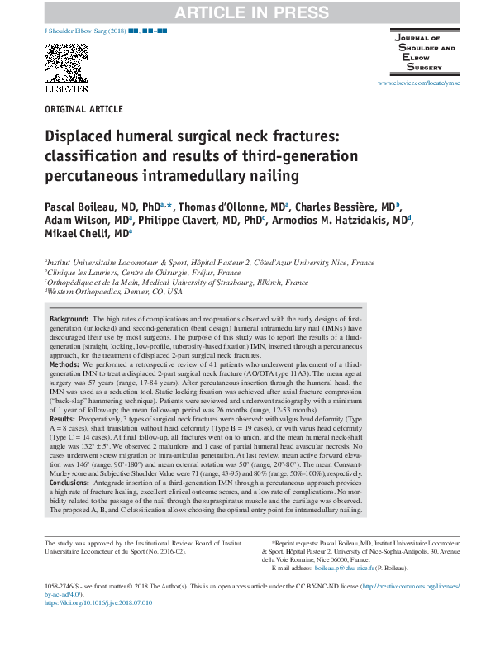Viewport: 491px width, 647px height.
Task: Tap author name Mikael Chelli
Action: (79, 235)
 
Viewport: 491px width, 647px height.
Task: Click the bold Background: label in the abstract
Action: (70, 319)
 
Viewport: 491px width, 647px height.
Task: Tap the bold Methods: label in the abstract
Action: (65, 364)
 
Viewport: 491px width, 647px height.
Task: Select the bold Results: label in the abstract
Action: (64, 420)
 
